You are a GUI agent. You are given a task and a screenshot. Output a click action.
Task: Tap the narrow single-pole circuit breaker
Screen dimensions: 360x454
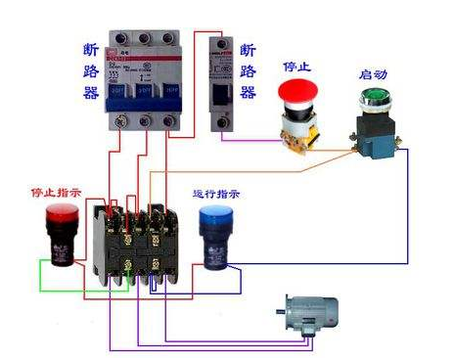pos(222,82)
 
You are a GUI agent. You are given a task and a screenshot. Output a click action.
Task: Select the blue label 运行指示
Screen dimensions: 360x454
pos(218,194)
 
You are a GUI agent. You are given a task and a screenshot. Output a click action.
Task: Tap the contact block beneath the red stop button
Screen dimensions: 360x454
pos(297,131)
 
